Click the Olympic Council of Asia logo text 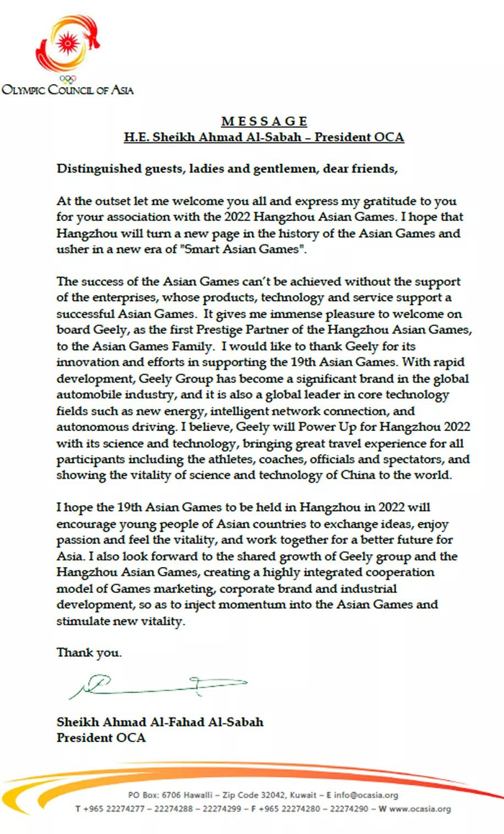[x=68, y=90]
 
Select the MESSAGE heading [x=264, y=121]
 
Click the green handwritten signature [x=158, y=685]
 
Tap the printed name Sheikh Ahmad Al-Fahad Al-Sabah [x=160, y=722]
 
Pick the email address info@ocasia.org [x=369, y=794]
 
